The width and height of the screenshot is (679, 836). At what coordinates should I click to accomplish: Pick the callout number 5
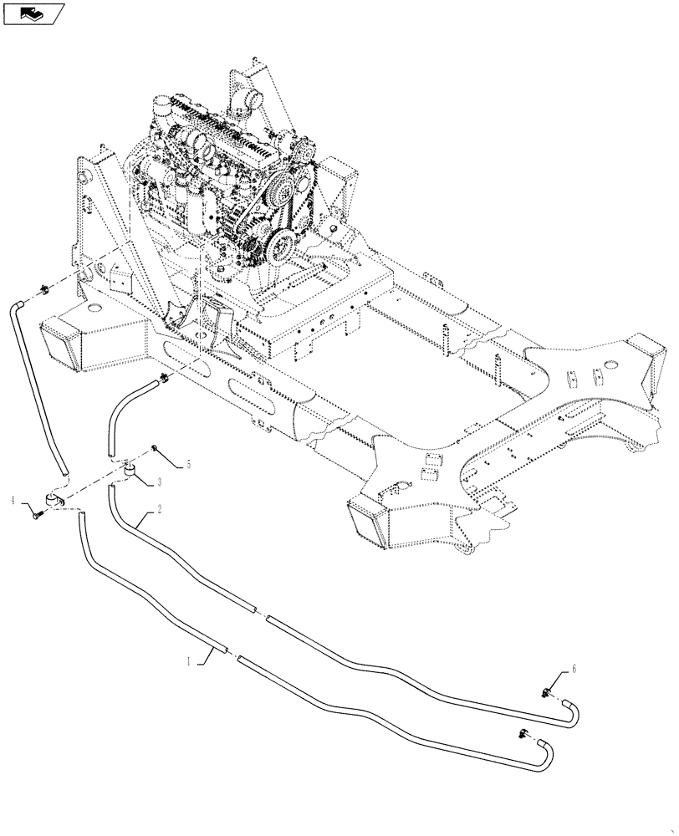(x=188, y=464)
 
